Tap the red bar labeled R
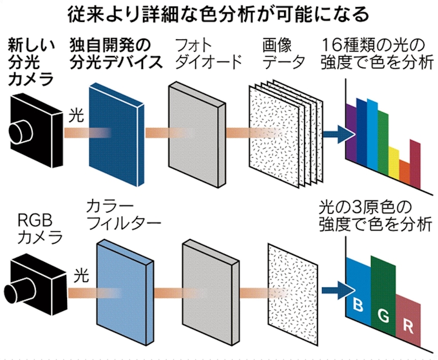coord(408,316)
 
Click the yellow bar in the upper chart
coord(393,164)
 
